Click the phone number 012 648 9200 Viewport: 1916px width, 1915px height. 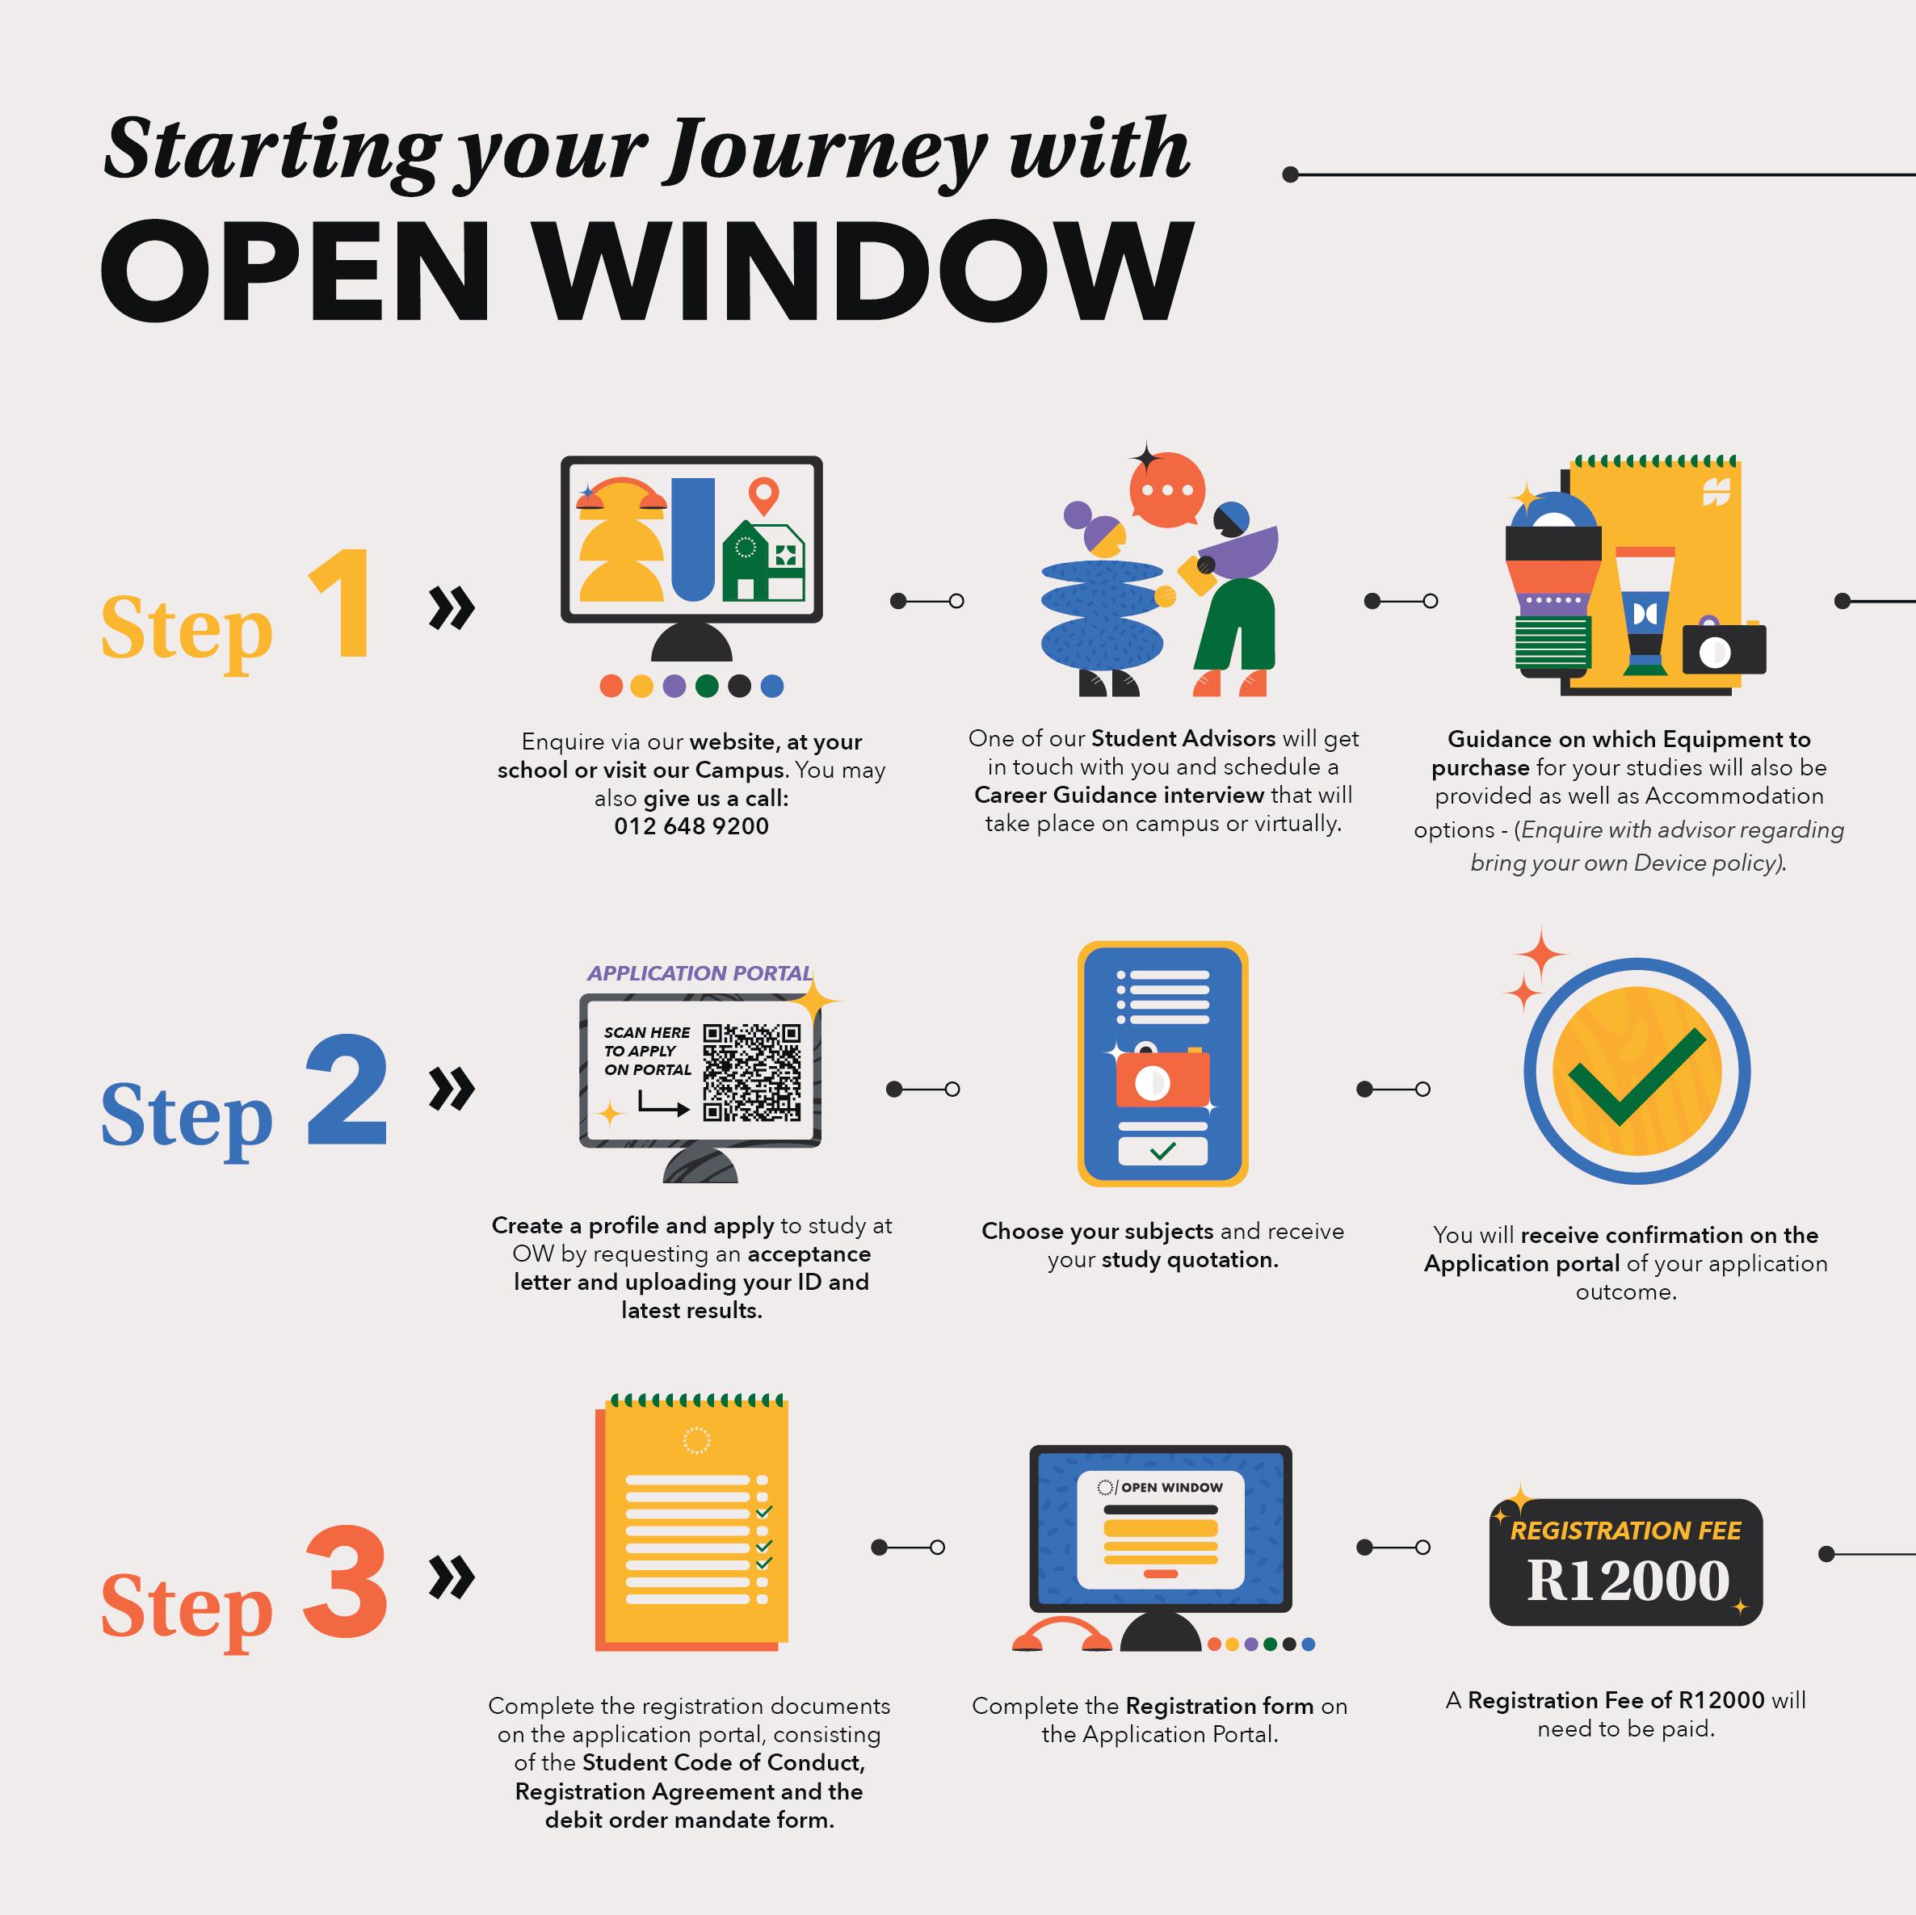coord(691,826)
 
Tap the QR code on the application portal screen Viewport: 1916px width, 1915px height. coord(752,1072)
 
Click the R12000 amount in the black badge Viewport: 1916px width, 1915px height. coord(1628,1581)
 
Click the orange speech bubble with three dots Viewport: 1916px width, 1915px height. coord(1167,491)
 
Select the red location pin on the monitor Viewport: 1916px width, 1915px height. coord(763,493)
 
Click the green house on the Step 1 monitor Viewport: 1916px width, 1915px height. coord(763,563)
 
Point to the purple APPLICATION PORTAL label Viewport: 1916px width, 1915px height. coord(700,973)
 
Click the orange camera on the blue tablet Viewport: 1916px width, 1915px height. coord(1162,1079)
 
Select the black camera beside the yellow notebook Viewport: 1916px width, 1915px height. coord(1724,649)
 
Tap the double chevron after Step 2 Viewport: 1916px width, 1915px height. coord(452,1089)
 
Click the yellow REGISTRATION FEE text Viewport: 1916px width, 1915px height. coord(1625,1531)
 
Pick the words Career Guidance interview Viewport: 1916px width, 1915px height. coord(1119,796)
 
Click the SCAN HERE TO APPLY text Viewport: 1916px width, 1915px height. coord(646,1050)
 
